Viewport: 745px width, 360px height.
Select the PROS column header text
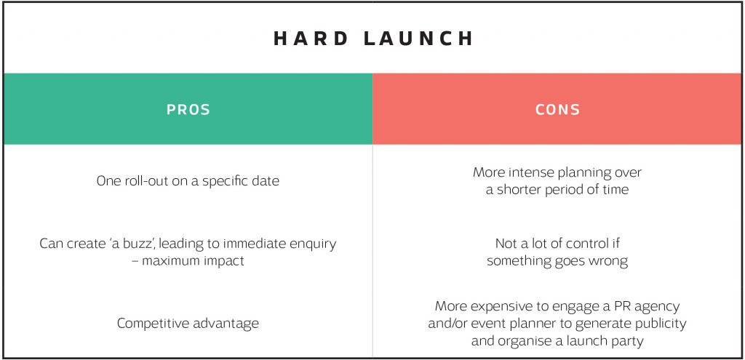click(x=188, y=110)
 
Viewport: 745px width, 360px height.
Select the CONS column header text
click(x=557, y=110)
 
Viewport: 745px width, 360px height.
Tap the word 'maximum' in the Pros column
click(x=175, y=260)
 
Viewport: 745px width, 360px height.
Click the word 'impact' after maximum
click(x=224, y=260)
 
